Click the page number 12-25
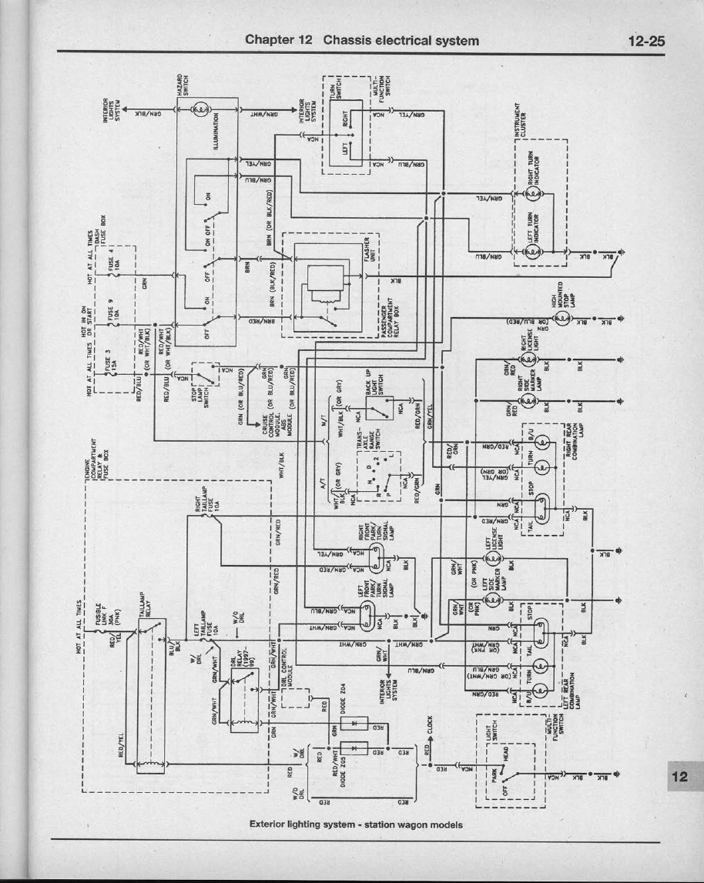click(645, 41)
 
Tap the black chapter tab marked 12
click(679, 776)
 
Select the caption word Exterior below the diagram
click(270, 824)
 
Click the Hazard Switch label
click(181, 85)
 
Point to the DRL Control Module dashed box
click(297, 697)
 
